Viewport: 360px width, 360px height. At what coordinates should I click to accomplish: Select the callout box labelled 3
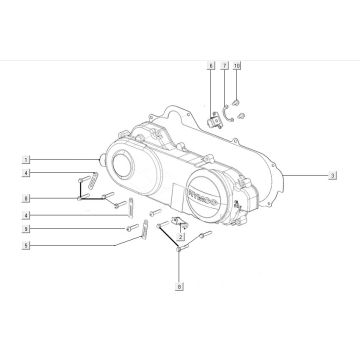(331, 175)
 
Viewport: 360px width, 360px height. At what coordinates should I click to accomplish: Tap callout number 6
(211, 66)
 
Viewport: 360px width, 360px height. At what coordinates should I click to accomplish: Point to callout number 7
(226, 66)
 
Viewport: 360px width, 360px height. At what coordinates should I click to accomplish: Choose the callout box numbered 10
(238, 66)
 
